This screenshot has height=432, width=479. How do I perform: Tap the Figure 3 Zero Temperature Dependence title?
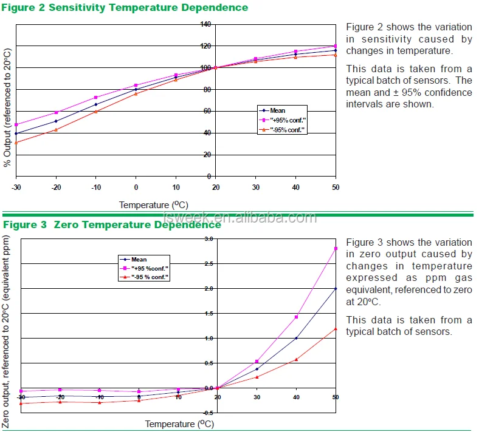[x=112, y=224]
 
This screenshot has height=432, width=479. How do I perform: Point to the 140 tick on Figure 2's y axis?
[x=205, y=24]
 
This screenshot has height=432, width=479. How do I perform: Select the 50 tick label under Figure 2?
[x=335, y=187]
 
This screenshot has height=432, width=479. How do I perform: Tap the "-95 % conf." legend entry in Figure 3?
[x=146, y=277]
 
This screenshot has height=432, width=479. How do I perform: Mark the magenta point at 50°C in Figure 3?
[x=336, y=248]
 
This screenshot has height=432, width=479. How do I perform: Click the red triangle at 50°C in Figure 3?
[x=336, y=329]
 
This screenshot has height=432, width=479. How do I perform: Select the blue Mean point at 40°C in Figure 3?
[x=296, y=338]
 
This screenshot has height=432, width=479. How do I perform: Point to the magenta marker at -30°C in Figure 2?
[x=16, y=124]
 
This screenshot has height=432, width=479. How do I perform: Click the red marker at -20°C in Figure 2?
[x=56, y=129]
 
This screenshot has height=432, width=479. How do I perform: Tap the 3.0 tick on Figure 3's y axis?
[x=208, y=239]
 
